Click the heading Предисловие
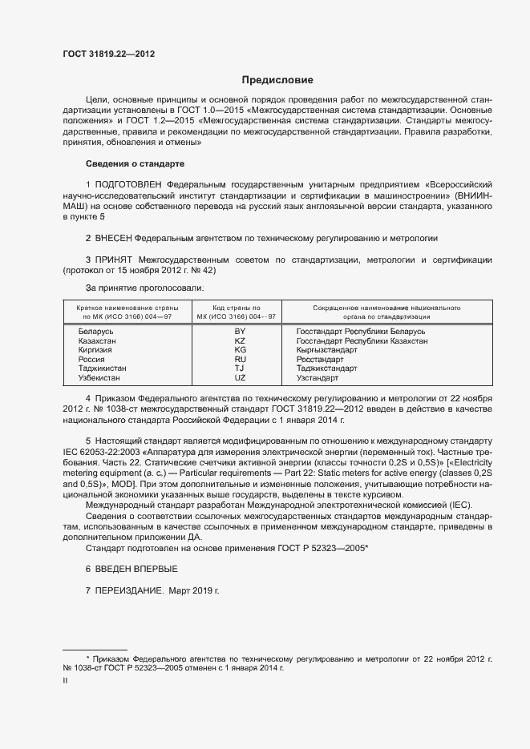point(278,80)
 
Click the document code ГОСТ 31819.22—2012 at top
point(109,54)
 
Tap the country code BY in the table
point(240,331)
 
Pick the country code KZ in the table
point(240,340)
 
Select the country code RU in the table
point(240,360)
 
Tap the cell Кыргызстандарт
point(327,350)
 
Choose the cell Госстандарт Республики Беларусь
point(360,331)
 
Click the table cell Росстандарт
point(320,360)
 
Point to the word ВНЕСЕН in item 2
point(114,238)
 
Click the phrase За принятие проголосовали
point(145,287)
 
